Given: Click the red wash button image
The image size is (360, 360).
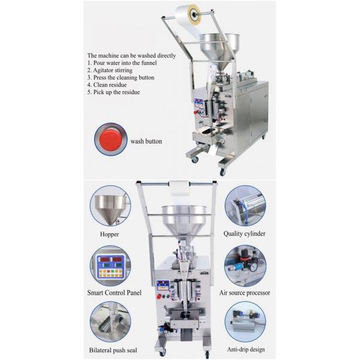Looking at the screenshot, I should (x=110, y=140).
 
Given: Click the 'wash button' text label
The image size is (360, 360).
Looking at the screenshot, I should (x=146, y=142).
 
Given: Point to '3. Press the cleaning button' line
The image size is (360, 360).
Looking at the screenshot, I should (x=121, y=78).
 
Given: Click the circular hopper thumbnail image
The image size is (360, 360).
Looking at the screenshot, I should (x=110, y=206).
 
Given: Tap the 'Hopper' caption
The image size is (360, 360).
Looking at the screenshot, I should (x=110, y=233).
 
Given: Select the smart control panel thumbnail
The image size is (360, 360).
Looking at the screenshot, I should (x=110, y=265).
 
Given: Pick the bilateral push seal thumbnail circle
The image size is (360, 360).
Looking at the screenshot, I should (x=110, y=322).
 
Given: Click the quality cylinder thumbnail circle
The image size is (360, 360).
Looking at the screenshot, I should (x=245, y=206).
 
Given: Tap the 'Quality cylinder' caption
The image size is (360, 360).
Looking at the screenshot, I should (x=245, y=233).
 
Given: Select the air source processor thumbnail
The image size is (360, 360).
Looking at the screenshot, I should (x=245, y=265).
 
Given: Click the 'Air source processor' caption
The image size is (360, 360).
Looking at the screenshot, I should (x=245, y=293).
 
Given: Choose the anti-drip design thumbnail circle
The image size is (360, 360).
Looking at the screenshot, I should (x=245, y=322).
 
